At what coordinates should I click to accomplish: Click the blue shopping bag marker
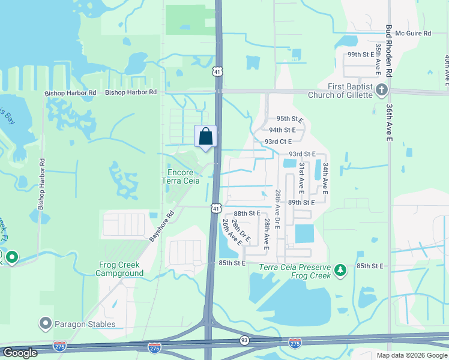[x=205, y=136]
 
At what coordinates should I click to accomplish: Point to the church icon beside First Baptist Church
[x=382, y=90]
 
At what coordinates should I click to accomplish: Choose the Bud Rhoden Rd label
[x=389, y=51]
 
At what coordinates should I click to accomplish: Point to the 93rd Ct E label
[x=278, y=142]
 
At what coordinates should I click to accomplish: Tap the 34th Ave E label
[x=325, y=178]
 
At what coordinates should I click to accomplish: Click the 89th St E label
[x=301, y=203]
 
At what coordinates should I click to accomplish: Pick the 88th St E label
[x=247, y=214]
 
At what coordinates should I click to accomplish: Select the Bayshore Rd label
[x=161, y=226]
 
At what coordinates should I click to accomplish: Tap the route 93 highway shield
[x=244, y=340]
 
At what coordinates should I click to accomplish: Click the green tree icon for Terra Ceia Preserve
[x=340, y=271]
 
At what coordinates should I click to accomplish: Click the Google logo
[x=20, y=353]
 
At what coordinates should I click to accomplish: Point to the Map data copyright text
[x=411, y=355]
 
